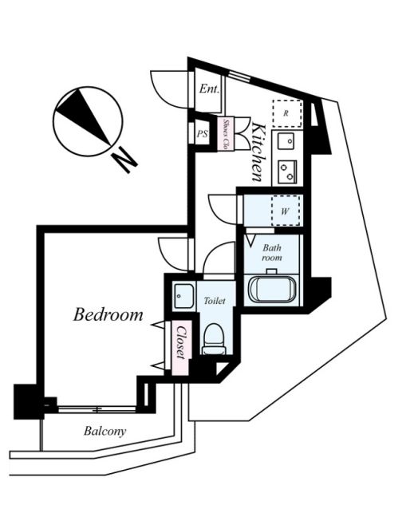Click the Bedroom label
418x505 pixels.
coord(108,314)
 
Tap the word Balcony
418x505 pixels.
coord(105,431)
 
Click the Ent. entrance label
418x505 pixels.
coord(209,89)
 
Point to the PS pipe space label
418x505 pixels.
coord(203,134)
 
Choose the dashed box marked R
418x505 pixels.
coord(287,113)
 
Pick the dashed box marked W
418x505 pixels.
coord(286,211)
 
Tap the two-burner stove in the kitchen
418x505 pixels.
coord(287,172)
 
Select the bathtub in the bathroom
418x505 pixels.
coord(272,290)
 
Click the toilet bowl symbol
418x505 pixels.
coord(214,339)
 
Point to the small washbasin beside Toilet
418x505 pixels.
coord(183,296)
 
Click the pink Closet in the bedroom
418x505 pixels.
coord(181,348)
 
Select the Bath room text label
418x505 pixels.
coord(272,253)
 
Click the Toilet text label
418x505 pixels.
coord(215,301)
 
